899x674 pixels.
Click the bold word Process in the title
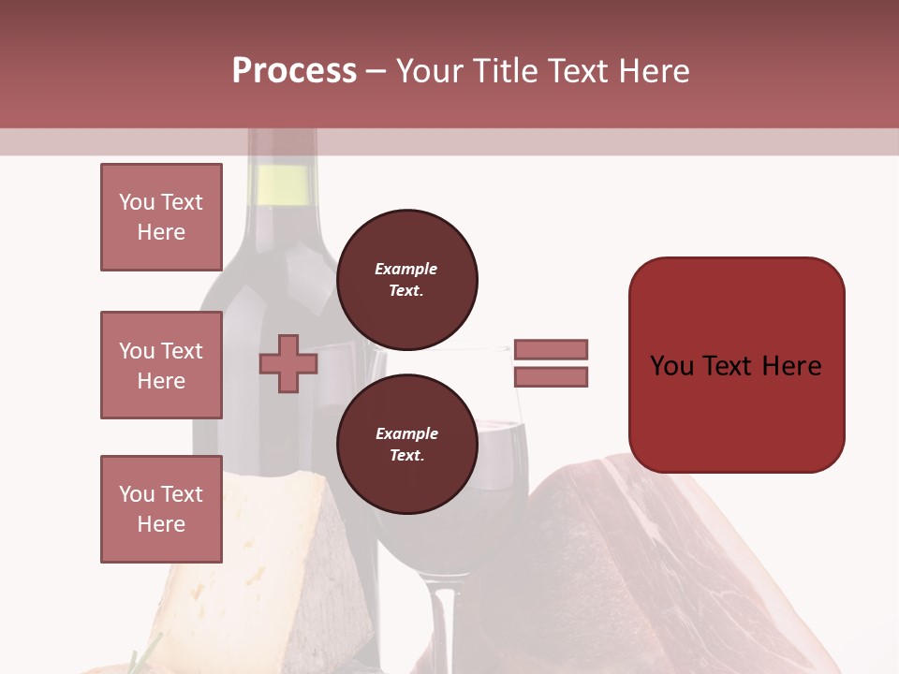coord(294,71)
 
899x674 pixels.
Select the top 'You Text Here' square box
coord(161,217)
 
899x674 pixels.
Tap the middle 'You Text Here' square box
coord(161,365)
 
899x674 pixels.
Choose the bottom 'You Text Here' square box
coord(161,509)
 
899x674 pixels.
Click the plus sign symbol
coord(288,364)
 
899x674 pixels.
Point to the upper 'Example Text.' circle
coord(406,279)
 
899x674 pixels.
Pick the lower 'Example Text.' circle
coord(406,444)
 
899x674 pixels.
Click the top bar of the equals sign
coord(551,349)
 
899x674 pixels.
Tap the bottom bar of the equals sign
coord(551,376)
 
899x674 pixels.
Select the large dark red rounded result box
coord(736,364)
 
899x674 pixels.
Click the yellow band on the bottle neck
coord(282,184)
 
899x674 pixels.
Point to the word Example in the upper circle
coord(406,269)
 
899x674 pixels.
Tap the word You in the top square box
coord(137,202)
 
